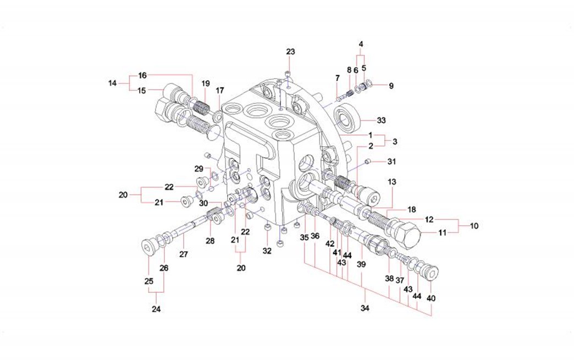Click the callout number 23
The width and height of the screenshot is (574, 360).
pyautogui.click(x=290, y=52)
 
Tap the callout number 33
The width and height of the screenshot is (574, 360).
pyautogui.click(x=381, y=120)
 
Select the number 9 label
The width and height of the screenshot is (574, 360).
pyautogui.click(x=391, y=86)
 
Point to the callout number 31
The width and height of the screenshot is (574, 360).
pyautogui.click(x=391, y=162)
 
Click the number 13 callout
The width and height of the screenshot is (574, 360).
pyautogui.click(x=391, y=182)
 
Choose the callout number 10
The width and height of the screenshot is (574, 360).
pyautogui.click(x=474, y=226)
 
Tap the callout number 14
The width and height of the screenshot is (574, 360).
pyautogui.click(x=112, y=83)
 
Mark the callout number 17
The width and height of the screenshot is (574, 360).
pyautogui.click(x=219, y=90)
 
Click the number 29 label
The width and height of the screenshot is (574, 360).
pyautogui.click(x=199, y=169)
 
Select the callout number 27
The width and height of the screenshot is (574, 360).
pyautogui.click(x=184, y=254)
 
